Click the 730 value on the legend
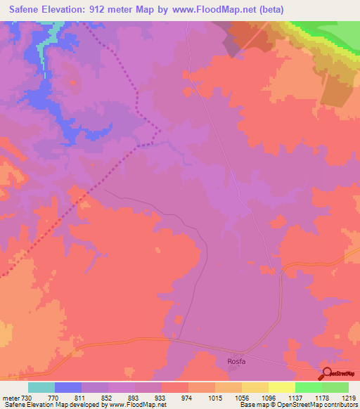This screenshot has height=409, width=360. coord(27,397)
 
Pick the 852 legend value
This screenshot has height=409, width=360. coord(108,397)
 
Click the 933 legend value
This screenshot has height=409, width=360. coord(161,397)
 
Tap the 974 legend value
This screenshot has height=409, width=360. coord(188,397)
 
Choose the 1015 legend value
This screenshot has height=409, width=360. coord(214,397)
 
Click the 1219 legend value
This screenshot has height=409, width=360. coord(349,397)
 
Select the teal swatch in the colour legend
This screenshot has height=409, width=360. coord(41,387)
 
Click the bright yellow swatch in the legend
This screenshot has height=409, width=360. coord(281,387)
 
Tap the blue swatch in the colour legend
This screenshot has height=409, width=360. coord(67,387)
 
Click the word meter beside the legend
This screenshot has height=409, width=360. coord(10,397)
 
